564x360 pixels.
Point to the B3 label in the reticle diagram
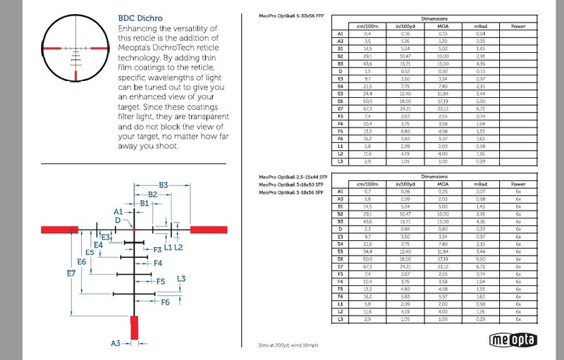[x=163, y=185]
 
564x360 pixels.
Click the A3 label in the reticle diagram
[x=116, y=343]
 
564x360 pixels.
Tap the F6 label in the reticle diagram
[x=165, y=302]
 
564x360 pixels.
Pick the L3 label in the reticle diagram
[x=181, y=279]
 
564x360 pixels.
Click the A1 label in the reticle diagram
[x=118, y=211]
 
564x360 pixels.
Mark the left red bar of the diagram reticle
[x=59, y=228]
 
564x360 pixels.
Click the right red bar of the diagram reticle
[x=208, y=228]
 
